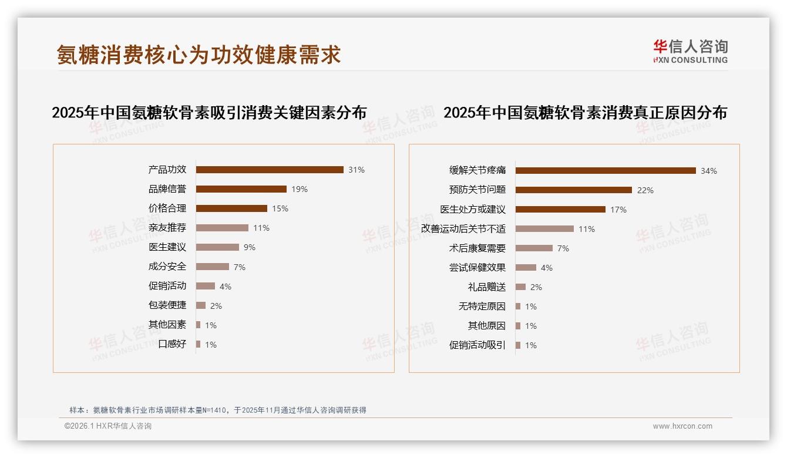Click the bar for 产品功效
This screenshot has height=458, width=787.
(270, 170)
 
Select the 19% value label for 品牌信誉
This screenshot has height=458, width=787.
(300, 189)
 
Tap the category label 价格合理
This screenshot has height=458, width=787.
(167, 208)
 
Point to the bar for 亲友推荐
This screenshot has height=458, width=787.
(222, 228)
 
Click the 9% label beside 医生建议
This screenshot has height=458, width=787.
(250, 247)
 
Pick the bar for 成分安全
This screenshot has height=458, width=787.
(213, 267)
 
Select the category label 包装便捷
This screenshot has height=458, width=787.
(167, 305)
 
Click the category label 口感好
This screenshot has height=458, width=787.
(172, 344)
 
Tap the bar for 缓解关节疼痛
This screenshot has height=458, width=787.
(606, 171)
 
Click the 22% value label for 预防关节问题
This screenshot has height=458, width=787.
(645, 190)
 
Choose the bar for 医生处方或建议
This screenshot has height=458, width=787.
(560, 210)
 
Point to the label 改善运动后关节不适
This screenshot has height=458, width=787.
(463, 229)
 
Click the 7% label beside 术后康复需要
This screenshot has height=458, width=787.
(563, 248)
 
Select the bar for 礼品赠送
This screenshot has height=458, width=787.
(520, 287)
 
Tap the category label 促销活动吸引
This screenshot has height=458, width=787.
(477, 345)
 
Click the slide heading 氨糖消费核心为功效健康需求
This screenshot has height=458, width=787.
(199, 55)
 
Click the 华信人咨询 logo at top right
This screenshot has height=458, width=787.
(691, 51)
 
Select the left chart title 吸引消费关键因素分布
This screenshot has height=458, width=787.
(209, 112)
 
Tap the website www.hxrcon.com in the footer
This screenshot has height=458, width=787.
(682, 426)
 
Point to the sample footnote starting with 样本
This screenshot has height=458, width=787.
(218, 410)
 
